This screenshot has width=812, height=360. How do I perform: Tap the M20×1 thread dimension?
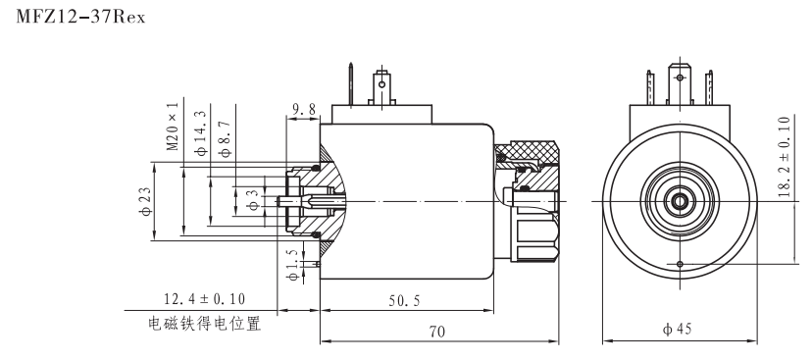(173, 126)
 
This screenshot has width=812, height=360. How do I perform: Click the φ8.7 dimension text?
(227, 128)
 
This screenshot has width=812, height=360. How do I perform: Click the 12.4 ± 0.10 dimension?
(204, 297)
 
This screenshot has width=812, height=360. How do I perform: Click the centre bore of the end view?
(678, 200)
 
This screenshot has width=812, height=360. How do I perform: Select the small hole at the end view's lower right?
(680, 263)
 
